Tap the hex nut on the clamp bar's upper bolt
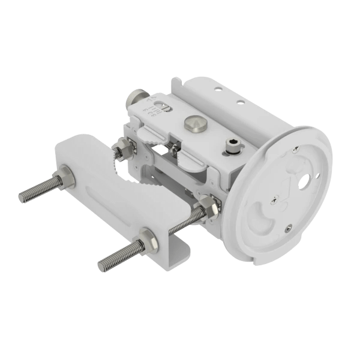63,179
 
